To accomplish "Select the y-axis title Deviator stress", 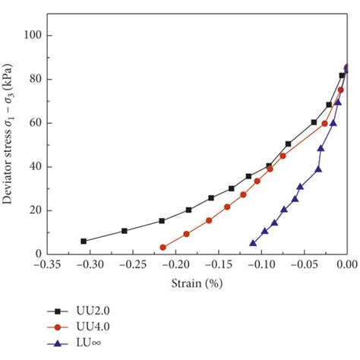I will coord(11,144).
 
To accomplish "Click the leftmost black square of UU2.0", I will coord(84,241).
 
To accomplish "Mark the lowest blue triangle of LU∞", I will coord(253,243).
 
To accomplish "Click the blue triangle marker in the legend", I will coord(56,343).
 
